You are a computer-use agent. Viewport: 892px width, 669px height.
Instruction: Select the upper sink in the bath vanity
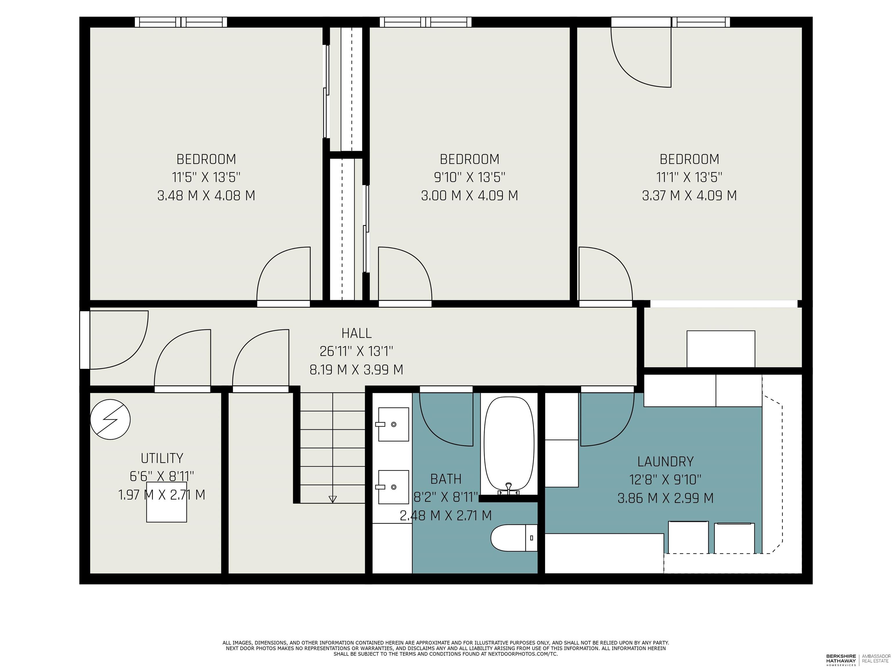393,424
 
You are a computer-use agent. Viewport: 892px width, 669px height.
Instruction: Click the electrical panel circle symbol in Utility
110,419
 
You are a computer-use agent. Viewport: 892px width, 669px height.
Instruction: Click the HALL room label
357,333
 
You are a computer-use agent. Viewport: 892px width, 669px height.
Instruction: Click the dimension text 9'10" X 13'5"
470,177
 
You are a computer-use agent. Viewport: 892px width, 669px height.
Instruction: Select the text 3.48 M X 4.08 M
206,196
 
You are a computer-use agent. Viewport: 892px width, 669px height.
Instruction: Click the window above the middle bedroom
425,22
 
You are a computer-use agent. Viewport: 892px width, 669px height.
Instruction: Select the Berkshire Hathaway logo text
841,659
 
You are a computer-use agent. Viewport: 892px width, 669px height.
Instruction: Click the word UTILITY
162,458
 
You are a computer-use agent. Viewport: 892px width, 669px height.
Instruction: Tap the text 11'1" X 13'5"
689,177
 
